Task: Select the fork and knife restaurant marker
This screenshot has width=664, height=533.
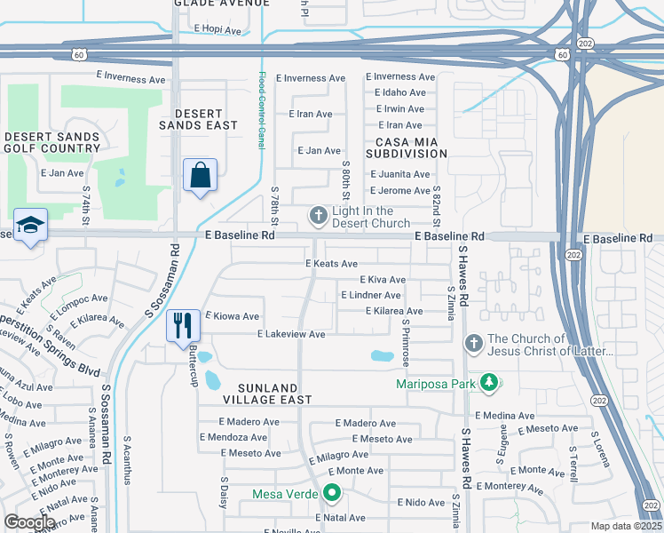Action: (x=183, y=325)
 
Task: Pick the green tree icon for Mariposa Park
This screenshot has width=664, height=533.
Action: (x=487, y=384)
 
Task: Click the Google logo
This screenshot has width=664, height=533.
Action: (x=29, y=522)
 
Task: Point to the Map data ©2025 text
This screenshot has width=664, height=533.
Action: (x=626, y=526)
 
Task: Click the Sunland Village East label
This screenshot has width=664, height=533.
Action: (x=257, y=394)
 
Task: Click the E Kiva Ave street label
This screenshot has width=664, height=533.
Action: (x=383, y=280)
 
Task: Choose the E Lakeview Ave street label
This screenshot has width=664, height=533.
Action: (x=291, y=334)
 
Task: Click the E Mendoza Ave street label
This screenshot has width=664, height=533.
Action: (x=233, y=437)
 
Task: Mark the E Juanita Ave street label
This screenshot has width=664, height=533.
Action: (x=399, y=175)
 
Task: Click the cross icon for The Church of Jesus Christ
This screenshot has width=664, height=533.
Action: (x=473, y=343)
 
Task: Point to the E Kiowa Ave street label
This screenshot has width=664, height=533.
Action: (x=233, y=316)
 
